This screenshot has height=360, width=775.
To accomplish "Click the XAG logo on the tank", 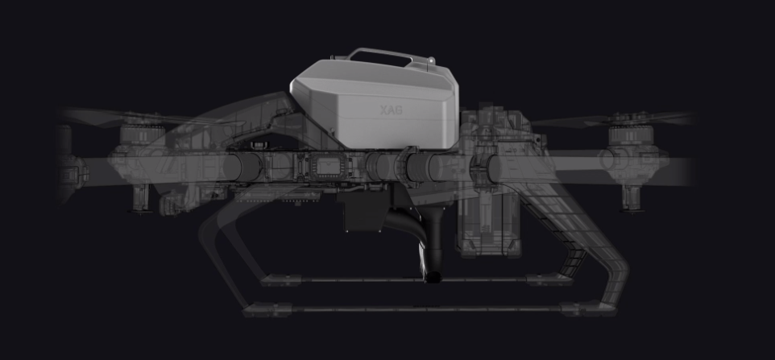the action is (x=391, y=110).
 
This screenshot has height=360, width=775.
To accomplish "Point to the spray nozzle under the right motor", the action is (x=632, y=198).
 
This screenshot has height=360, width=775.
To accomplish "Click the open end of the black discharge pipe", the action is (x=433, y=277).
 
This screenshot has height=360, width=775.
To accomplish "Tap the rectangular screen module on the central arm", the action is (x=328, y=167).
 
